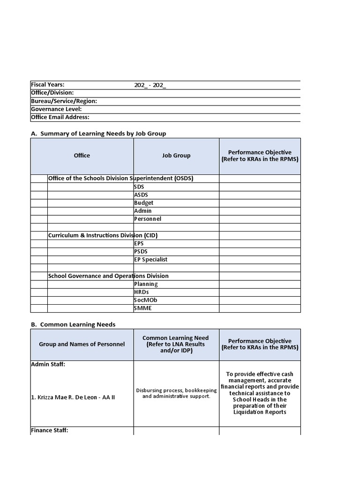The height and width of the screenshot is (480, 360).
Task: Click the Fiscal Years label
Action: point(48,85)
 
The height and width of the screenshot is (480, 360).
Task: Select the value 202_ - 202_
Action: point(150,85)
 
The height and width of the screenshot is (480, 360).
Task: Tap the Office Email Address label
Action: point(60,117)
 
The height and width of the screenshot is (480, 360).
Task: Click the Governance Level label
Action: point(56,109)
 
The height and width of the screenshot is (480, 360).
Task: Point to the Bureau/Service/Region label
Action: point(64,101)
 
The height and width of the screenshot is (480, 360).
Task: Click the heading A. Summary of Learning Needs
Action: point(98,134)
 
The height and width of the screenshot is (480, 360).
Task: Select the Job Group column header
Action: point(176,156)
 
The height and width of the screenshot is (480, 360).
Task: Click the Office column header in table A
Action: point(82,156)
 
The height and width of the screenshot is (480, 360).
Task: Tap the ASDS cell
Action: point(141,195)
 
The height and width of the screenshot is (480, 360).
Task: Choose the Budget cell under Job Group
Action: point(143,203)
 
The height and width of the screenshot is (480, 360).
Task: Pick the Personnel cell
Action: point(148,219)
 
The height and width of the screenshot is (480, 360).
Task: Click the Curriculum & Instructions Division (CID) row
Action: point(103,235)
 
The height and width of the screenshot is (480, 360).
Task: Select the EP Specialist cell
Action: point(150,260)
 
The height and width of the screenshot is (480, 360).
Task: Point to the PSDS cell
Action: point(141,251)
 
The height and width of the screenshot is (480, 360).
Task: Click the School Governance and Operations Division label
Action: point(108,276)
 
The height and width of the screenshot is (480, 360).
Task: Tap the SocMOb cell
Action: point(145,300)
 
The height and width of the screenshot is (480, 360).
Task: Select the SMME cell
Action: point(143,308)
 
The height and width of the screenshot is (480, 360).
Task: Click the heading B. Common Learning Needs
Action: point(73,324)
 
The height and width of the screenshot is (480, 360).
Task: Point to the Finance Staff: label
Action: point(50,430)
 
